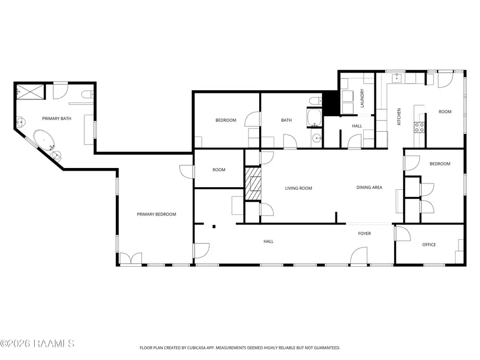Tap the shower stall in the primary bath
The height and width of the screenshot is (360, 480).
29,91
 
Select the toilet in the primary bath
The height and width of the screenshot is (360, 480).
87,94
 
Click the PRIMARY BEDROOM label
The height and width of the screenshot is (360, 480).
156,214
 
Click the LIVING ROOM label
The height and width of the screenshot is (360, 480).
298,188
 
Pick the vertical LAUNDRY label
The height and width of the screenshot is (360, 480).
362,98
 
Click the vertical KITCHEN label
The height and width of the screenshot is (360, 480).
398,117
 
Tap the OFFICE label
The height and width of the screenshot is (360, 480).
429,245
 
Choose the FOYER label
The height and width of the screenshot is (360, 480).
364,234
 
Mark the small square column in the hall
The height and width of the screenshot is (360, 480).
214,227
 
